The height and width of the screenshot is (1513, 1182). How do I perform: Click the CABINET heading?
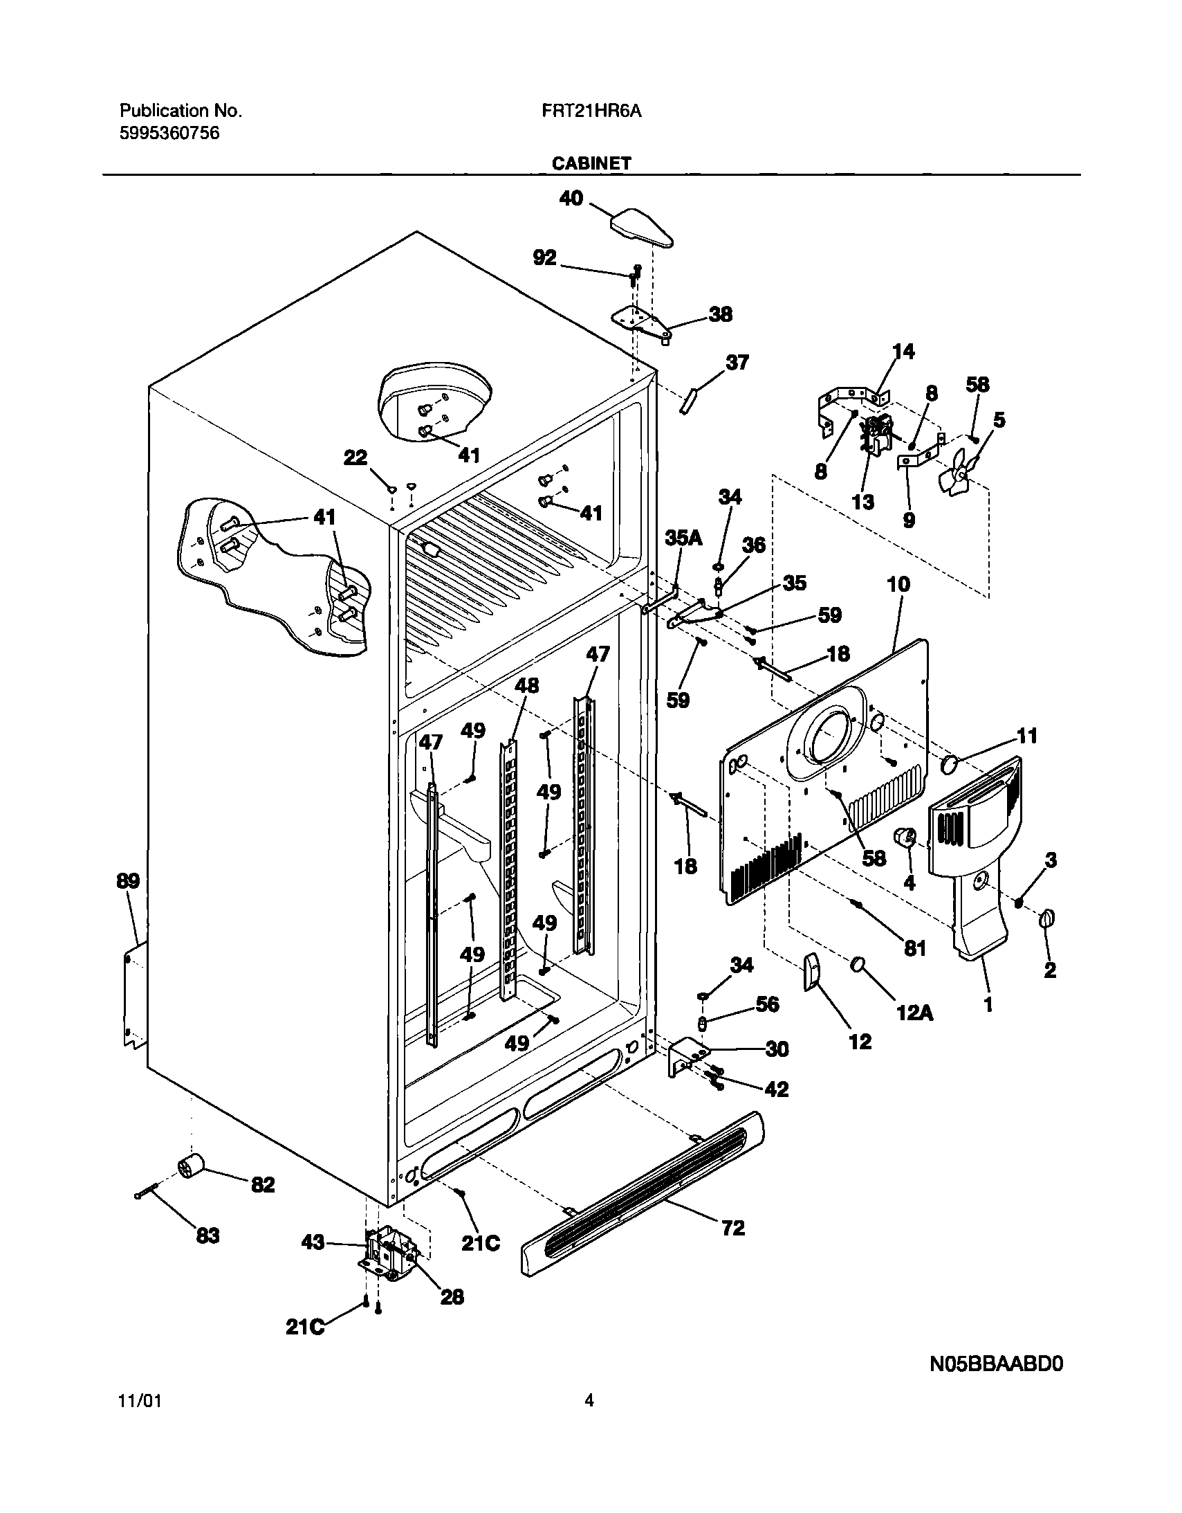(x=591, y=163)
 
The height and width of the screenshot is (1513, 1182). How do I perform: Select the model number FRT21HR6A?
(x=591, y=111)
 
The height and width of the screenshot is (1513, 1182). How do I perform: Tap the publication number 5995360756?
(x=169, y=133)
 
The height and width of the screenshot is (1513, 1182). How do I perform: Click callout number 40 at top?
(x=571, y=199)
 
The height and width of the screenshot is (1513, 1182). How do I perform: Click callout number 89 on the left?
(x=127, y=881)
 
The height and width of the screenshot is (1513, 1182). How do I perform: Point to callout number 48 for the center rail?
(x=527, y=686)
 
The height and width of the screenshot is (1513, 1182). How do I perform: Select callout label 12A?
(x=915, y=1013)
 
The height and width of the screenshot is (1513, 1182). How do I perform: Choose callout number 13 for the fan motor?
(x=862, y=502)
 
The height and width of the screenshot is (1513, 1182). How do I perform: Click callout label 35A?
(x=683, y=538)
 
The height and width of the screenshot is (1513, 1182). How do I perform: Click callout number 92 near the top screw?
(x=544, y=257)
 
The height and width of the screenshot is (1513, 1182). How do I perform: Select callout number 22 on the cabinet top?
(x=356, y=458)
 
